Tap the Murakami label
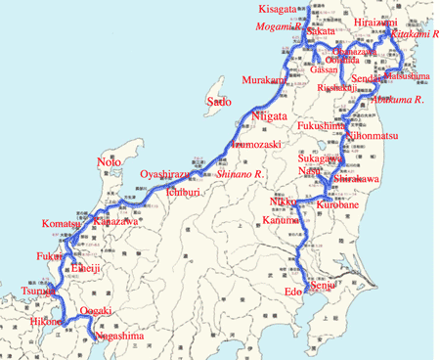(x=265, y=79)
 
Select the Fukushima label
(x=322, y=125)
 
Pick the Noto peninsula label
(x=110, y=161)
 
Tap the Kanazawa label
(x=115, y=222)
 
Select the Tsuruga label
(x=37, y=292)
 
